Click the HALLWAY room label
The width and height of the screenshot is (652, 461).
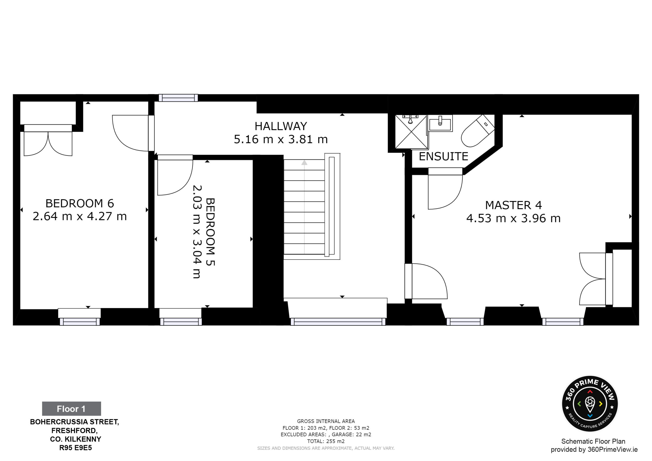point(281,126)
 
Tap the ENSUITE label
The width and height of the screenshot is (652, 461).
point(443,156)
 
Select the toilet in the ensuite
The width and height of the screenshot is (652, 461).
point(478,131)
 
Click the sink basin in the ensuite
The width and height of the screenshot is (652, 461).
point(440,124)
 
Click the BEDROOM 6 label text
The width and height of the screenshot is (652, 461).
point(79,203)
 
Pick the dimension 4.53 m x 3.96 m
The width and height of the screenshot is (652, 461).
point(513,218)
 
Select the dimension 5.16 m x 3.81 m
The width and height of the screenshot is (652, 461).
point(281,139)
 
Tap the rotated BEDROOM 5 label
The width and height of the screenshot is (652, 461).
point(210,232)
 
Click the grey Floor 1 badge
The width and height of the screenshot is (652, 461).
point(72,409)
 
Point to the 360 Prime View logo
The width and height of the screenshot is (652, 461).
point(590,404)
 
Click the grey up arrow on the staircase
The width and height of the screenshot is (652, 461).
point(304,162)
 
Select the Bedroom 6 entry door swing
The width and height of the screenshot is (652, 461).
point(130,133)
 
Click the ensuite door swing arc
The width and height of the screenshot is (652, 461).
point(445,192)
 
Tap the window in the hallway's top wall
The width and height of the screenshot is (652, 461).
point(178,98)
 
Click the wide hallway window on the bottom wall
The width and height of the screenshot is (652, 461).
point(338,321)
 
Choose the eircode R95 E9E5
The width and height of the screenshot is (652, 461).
point(76,448)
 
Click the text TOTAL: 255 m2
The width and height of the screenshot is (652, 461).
point(326,441)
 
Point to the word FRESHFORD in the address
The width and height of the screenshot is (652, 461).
point(74,431)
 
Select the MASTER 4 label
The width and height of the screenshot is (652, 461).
point(513,205)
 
